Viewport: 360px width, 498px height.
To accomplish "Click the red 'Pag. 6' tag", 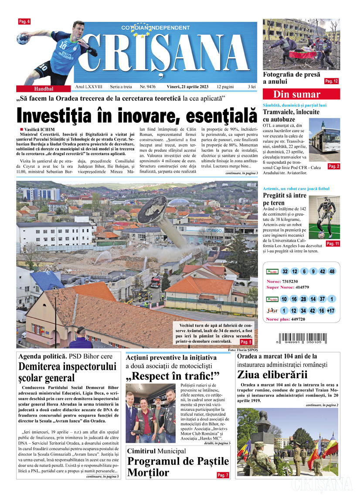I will click(x=24, y=21).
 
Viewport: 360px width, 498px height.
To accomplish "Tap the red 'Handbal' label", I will click(x=44, y=88).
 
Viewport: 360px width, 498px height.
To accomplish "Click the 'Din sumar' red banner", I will click(x=296, y=95).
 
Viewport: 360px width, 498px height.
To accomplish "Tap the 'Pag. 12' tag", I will click(x=331, y=81).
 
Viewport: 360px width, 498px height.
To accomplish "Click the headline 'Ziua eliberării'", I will click(x=272, y=374).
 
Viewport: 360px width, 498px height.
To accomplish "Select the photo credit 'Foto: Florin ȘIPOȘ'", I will click(x=243, y=350).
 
